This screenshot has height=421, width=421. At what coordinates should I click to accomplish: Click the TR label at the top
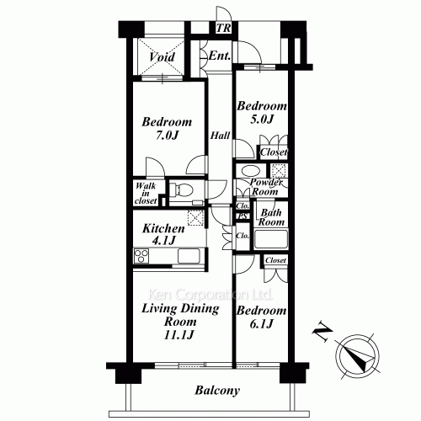224,28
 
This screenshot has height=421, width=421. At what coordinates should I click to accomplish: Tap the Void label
163,57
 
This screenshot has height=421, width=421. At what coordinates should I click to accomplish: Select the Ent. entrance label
220,56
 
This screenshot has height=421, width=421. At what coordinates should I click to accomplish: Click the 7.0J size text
167,136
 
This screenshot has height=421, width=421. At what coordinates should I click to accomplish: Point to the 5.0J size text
262,120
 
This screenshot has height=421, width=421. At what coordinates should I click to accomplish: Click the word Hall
221,136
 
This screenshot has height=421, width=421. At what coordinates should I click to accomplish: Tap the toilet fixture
181,189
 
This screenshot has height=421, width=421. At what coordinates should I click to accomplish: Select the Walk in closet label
146,194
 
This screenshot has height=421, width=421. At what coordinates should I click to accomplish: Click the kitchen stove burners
141,256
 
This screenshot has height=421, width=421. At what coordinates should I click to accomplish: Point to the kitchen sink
189,256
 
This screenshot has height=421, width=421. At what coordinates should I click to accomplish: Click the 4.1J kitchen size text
163,241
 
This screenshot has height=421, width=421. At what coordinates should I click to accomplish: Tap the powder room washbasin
249,171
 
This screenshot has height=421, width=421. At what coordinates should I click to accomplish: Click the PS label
242,216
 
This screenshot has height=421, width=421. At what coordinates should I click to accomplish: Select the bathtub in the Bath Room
271,239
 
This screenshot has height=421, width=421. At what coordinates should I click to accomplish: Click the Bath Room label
271,217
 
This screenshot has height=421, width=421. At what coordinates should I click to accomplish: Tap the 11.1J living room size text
179,335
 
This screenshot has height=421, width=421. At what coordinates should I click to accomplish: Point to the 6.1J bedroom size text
261,324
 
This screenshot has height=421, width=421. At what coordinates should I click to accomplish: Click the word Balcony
217,391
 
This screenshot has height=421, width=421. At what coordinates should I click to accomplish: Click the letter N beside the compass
322,332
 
